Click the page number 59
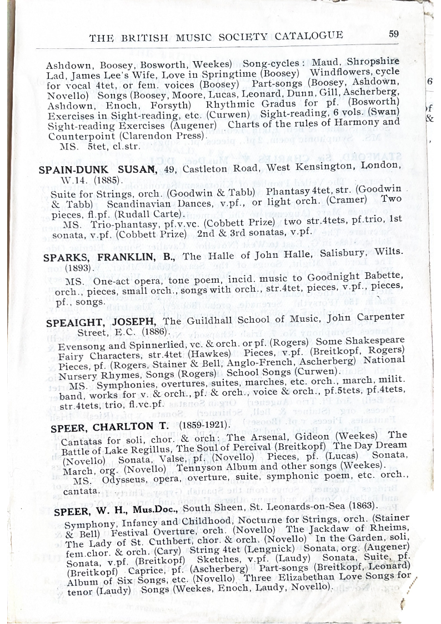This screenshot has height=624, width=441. (393, 34)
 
